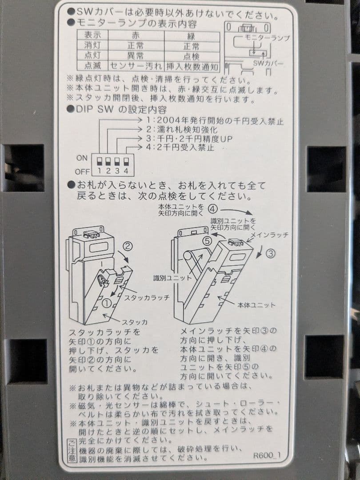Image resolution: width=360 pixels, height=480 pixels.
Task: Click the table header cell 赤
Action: tap(136, 36)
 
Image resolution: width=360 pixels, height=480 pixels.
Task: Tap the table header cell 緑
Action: tap(192, 36)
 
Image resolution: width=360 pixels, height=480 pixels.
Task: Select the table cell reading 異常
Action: tap(136, 56)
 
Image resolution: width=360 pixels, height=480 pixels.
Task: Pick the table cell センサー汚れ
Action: tap(136, 66)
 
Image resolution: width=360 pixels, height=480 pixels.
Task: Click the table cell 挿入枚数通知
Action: tap(192, 66)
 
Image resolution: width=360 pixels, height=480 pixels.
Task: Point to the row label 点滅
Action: tap(92, 66)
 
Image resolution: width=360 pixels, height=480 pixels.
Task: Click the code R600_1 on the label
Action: tap(267, 456)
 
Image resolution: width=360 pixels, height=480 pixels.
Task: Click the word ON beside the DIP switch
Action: tap(82, 158)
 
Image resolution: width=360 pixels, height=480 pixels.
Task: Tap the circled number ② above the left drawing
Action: tap(128, 244)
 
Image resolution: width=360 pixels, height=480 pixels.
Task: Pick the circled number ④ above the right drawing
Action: tap(213, 208)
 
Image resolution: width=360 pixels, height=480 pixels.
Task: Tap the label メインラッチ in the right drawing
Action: tap(270, 234)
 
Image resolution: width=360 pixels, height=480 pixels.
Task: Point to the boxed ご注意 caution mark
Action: tap(72, 449)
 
